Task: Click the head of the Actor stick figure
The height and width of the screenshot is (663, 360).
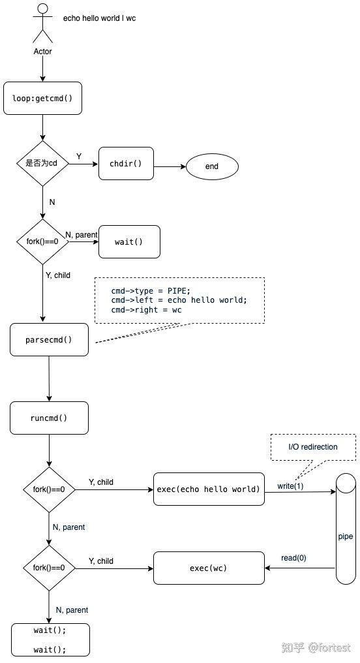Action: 42,8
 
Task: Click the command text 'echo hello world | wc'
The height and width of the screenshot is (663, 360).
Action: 99,18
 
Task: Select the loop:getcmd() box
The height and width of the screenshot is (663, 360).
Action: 42,99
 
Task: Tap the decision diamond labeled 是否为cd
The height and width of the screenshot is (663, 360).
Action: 42,163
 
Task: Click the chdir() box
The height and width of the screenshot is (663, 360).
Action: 126,164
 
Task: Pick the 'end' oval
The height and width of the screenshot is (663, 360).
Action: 212,166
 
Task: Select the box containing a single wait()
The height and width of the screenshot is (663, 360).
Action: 128,242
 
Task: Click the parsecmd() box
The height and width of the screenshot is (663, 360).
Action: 49,339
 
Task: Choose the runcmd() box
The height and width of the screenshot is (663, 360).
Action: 49,418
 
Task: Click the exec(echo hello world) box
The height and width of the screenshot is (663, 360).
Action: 209,489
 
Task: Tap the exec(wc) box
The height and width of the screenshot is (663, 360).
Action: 209,568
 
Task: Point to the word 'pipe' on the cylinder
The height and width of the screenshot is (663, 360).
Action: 345,536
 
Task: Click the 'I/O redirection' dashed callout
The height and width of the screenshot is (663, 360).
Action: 313,447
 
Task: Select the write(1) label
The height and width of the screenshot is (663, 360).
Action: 290,486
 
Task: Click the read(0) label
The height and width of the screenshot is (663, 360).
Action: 293,557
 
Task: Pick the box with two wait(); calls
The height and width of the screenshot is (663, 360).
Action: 50,640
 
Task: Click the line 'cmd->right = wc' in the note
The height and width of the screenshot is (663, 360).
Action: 146,310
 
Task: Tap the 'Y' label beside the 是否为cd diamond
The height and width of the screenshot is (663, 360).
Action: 79,157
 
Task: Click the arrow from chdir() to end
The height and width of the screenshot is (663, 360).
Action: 170,166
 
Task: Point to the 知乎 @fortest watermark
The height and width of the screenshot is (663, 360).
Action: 316,647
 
